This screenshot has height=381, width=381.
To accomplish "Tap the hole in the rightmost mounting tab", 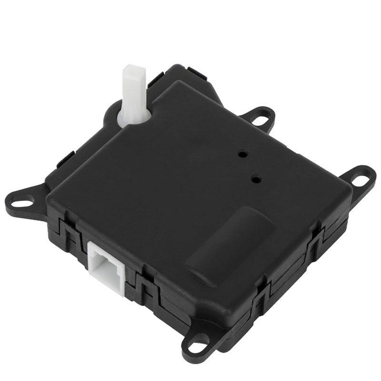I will click(x=359, y=180).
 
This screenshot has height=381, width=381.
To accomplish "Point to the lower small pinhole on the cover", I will click(x=257, y=180).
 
